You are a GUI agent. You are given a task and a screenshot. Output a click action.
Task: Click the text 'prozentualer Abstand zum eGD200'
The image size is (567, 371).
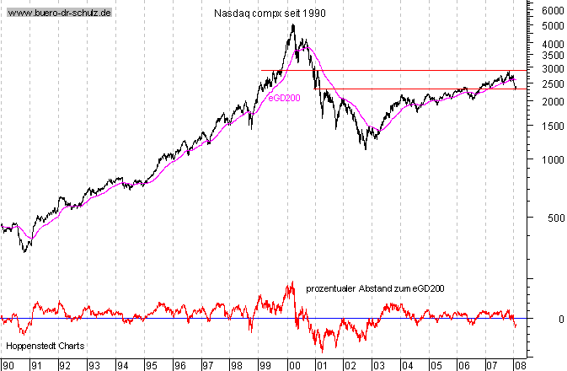pos(375,288)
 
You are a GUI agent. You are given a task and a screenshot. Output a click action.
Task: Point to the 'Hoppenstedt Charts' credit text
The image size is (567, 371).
pos(40,347)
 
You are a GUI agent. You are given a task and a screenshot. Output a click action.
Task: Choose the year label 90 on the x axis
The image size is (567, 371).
pos(8,366)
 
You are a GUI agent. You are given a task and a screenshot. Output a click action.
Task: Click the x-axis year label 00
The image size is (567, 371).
pos(293,366)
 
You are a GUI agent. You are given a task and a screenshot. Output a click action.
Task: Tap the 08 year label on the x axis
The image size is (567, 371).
pos(522,366)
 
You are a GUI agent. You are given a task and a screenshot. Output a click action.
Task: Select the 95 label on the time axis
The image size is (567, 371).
pos(151,366)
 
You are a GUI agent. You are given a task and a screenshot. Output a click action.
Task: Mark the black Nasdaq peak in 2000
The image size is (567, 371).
pos(292,25)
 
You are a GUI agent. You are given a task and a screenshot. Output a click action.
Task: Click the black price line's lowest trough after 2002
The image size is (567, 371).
pos(366,149)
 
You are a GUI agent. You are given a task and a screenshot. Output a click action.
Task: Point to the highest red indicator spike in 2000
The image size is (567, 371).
pos(292,282)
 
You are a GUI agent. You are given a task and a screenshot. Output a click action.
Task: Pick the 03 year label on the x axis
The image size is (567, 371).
pos(379,366)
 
